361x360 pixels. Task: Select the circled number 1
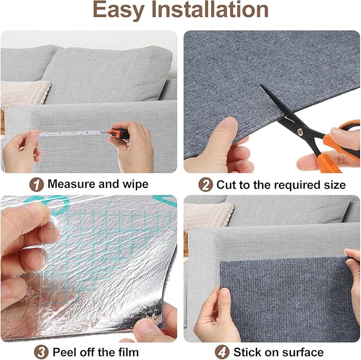37,184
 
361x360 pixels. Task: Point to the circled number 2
206,184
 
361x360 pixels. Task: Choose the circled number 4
224,352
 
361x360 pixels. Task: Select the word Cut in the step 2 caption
225,185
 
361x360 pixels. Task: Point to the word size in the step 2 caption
334,185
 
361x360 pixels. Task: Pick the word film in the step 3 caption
128,352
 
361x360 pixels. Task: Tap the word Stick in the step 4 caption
247,352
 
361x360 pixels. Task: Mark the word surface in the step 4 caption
304,352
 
